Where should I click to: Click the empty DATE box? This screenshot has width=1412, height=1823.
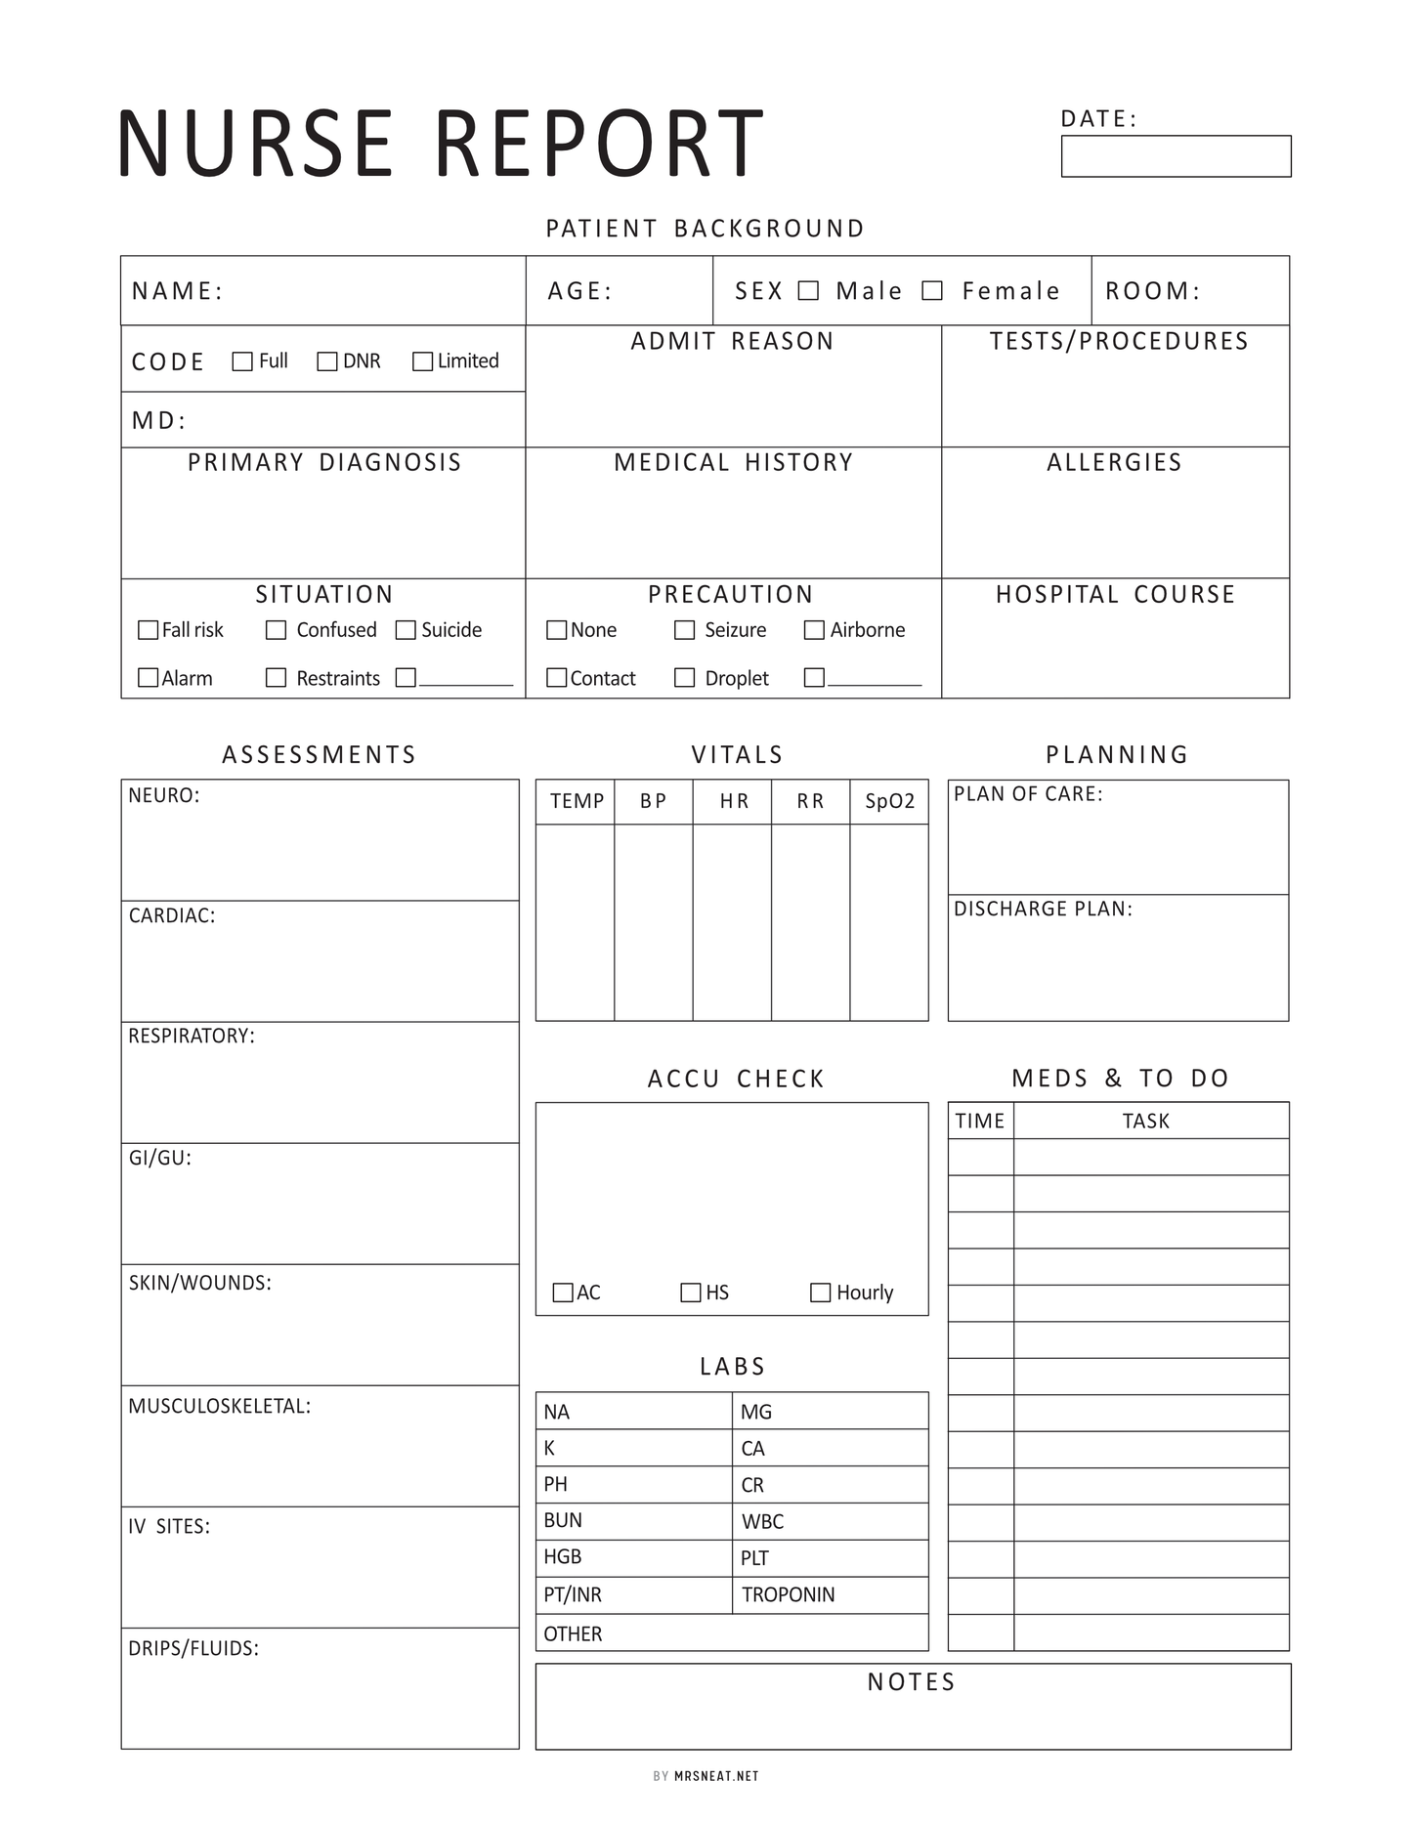pos(1176,156)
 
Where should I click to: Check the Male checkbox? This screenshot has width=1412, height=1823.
pos(808,291)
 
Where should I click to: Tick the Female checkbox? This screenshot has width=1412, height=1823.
pos(932,291)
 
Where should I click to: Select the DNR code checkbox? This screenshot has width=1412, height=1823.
pos(327,361)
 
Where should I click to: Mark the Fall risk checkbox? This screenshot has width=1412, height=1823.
pos(149,630)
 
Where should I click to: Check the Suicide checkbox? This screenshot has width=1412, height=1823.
pos(406,630)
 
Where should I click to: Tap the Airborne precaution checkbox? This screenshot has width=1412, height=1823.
pos(814,630)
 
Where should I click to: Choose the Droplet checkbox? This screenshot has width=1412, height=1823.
pos(685,678)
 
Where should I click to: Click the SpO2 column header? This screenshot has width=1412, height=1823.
pos(889,802)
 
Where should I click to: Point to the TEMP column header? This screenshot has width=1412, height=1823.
pos(577,802)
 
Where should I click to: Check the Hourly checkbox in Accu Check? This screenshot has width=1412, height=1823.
pos(821,1293)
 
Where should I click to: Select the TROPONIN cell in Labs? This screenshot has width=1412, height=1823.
pos(788,1595)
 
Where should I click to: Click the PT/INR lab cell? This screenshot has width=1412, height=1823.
pos(573,1595)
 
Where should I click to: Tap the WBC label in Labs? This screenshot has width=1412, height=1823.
pos(762,1522)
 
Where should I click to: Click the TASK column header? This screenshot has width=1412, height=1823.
pos(1145,1122)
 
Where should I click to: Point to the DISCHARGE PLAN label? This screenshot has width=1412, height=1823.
pos(1043,910)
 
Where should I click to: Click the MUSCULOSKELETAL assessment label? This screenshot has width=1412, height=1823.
pos(220,1407)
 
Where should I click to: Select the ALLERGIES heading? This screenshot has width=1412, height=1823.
pos(1114,463)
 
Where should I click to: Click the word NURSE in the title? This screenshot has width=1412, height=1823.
pos(256,144)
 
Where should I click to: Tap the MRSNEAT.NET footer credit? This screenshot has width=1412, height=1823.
pos(716,1776)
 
